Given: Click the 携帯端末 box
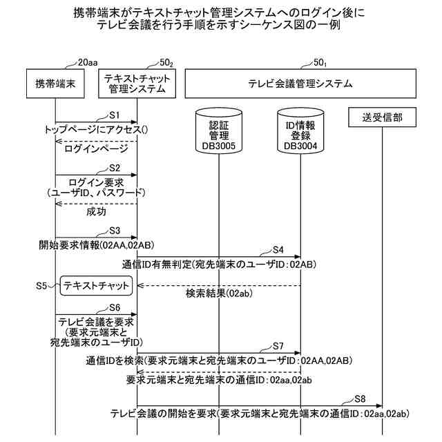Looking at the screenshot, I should [55, 84].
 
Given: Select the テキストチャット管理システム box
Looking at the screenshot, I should [136, 84].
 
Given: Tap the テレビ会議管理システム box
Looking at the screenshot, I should [300, 84].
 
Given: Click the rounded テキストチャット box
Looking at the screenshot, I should [96, 285].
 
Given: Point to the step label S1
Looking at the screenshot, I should [115, 114].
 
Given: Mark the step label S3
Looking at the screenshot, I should [115, 230].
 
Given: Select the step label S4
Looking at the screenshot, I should [278, 249].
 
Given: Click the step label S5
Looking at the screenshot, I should [41, 285].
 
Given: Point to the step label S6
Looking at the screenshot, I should [115, 307].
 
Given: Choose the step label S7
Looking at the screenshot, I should [278, 345].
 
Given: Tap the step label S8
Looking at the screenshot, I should [360, 398].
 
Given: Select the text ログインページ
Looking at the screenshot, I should [96, 148].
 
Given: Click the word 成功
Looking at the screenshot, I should [96, 211].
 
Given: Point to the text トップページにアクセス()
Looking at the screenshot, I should [97, 129].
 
